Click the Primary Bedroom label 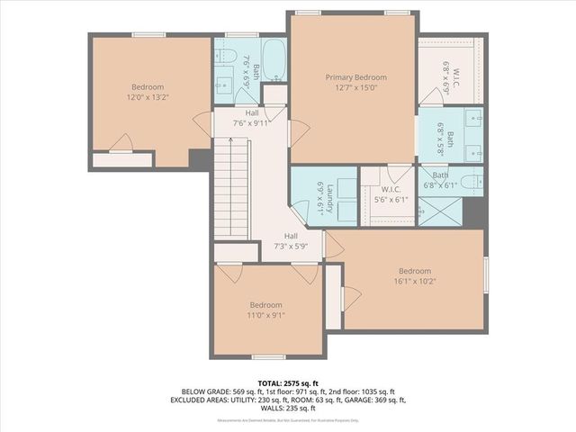(x=353, y=77)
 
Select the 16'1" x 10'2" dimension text (x=415, y=282)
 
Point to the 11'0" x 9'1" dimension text (x=265, y=315)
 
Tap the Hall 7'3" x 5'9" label (x=291, y=240)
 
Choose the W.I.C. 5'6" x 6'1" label (x=389, y=195)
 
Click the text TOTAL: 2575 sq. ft (x=287, y=382)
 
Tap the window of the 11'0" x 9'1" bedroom (x=267, y=357)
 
